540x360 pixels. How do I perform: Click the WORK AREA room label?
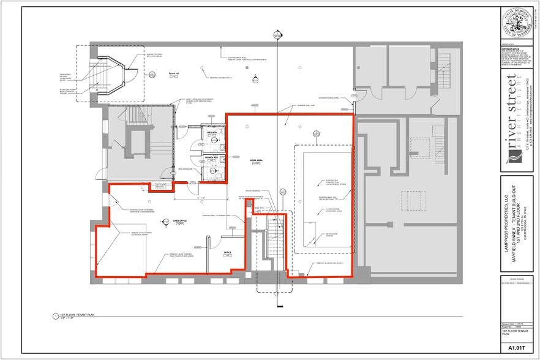pyautogui.click(x=255, y=161)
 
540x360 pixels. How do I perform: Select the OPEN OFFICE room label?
pyautogui.click(x=179, y=222)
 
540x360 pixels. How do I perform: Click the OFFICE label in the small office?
pyautogui.click(x=227, y=253)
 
